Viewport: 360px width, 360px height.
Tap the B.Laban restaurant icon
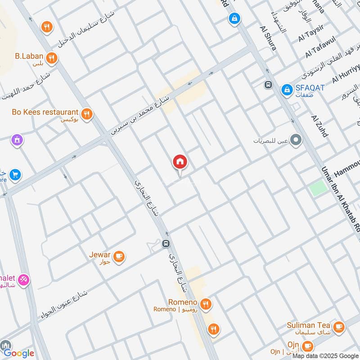coord(52,58)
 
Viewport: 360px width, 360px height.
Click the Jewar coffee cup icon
coord(119,256)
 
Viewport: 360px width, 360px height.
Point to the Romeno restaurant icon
coord(206,304)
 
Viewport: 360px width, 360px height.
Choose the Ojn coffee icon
coord(308,346)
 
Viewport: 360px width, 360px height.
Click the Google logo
coord(19,353)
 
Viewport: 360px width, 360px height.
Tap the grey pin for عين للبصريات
coord(296,141)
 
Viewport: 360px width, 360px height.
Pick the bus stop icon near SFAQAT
coord(268,85)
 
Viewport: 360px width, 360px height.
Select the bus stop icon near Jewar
coord(166,244)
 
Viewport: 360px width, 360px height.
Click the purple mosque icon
coord(17,140)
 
